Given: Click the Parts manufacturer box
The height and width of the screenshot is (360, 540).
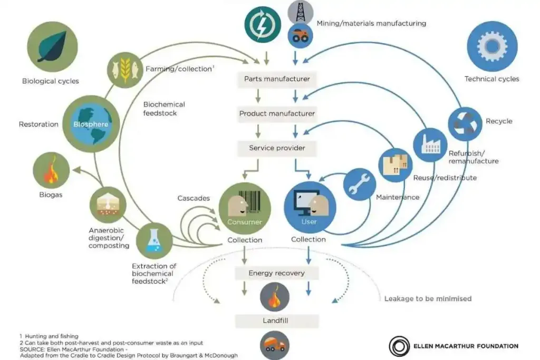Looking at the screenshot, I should pyautogui.click(x=277, y=79).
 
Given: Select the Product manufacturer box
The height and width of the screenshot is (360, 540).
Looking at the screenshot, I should pyautogui.click(x=277, y=114).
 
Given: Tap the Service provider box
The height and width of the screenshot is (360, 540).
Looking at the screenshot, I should pyautogui.click(x=277, y=148).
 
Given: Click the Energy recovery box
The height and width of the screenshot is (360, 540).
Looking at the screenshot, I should pyautogui.click(x=277, y=273).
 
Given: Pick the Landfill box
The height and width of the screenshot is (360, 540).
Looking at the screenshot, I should pyautogui.click(x=277, y=320).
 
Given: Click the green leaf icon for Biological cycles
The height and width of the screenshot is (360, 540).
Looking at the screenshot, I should pyautogui.click(x=52, y=46).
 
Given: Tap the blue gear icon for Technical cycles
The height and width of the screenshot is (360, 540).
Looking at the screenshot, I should pyautogui.click(x=492, y=46).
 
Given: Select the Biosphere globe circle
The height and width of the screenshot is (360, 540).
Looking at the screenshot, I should pyautogui.click(x=91, y=124).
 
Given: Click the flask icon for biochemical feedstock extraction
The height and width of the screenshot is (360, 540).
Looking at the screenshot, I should pyautogui.click(x=154, y=240).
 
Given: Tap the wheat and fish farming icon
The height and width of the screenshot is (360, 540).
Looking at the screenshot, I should pyautogui.click(x=126, y=68).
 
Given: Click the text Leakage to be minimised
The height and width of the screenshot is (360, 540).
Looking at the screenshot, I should pyautogui.click(x=428, y=299).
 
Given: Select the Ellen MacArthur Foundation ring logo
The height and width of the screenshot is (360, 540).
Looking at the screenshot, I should pyautogui.click(x=399, y=346).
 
